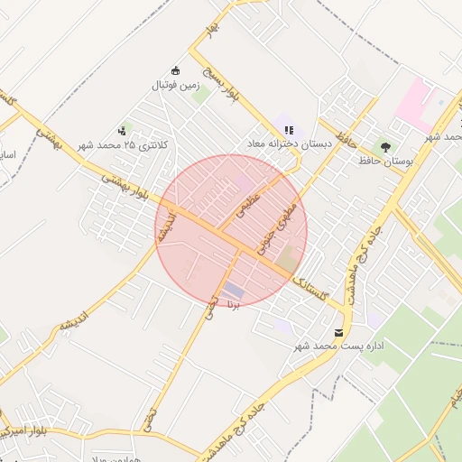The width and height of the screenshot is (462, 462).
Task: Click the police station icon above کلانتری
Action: point(122,131)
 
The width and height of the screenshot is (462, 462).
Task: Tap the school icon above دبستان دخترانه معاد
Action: point(289,130)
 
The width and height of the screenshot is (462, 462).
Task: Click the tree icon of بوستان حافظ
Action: point(386,146)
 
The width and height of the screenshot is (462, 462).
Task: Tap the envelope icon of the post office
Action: point(338,333)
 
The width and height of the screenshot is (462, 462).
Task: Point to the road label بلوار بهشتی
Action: point(123,186)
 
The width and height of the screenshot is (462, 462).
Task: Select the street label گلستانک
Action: point(315,287)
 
